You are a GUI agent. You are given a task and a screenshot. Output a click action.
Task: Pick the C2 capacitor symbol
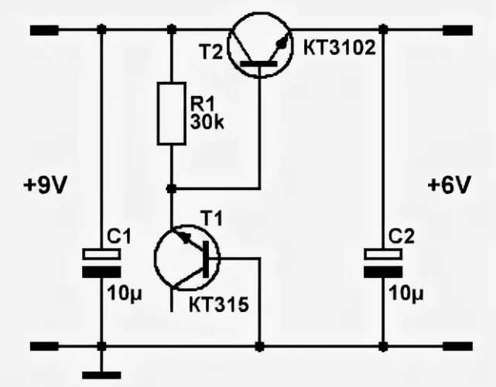coord(384,262)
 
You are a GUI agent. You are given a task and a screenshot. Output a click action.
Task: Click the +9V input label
coord(46,186)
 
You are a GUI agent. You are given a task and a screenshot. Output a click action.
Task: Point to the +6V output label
coord(448,186)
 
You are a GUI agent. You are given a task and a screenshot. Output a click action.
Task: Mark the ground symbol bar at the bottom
coord(101,375)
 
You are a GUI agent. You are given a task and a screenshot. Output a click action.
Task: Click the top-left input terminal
coord(44,30)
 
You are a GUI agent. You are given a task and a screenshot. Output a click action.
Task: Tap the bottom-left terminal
coord(44,345)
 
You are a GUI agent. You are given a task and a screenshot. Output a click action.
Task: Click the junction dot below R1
coord(171,188)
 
